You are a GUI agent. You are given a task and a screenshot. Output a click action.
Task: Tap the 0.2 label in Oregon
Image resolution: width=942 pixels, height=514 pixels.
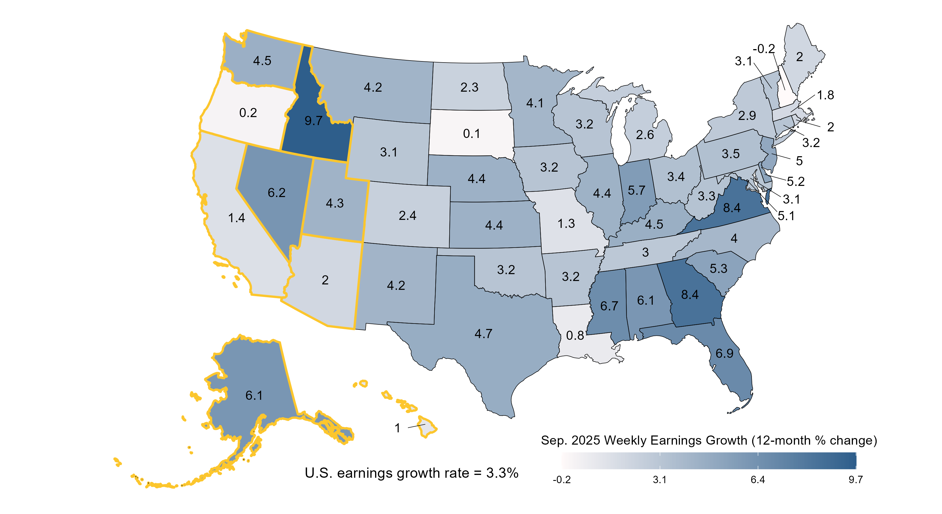(x=248, y=113)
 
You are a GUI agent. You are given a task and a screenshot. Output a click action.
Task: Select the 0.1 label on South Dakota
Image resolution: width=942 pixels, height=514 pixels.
(x=471, y=134)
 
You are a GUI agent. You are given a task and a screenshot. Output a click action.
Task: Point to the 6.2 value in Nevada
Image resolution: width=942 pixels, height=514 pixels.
(x=276, y=192)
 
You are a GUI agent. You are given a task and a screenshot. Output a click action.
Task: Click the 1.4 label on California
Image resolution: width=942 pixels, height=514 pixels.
(x=236, y=218)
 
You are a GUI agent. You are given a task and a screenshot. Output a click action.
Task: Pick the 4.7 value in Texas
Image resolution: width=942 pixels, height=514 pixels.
(x=484, y=334)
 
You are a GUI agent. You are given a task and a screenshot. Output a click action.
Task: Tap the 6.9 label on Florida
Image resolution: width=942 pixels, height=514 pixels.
(x=724, y=354)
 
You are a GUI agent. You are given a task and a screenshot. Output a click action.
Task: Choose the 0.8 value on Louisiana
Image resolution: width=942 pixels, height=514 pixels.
(x=575, y=336)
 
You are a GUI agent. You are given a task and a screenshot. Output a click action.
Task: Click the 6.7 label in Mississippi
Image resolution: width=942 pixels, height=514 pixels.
(x=609, y=306)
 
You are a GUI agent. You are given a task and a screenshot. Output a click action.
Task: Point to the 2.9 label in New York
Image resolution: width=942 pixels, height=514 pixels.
(x=747, y=116)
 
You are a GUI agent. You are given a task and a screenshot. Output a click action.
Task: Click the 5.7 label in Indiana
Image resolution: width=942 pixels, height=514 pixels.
(x=637, y=190)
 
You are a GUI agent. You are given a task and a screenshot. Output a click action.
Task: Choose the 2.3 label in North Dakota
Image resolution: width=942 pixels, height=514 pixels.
(x=469, y=87)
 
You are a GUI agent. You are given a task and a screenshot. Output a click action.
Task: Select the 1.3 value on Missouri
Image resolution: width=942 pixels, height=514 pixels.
(x=566, y=224)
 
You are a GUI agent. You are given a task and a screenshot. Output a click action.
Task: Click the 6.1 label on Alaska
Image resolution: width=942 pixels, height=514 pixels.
(x=254, y=395)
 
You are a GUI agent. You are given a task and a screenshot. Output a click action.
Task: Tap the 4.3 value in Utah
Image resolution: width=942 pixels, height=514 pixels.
(x=335, y=203)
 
